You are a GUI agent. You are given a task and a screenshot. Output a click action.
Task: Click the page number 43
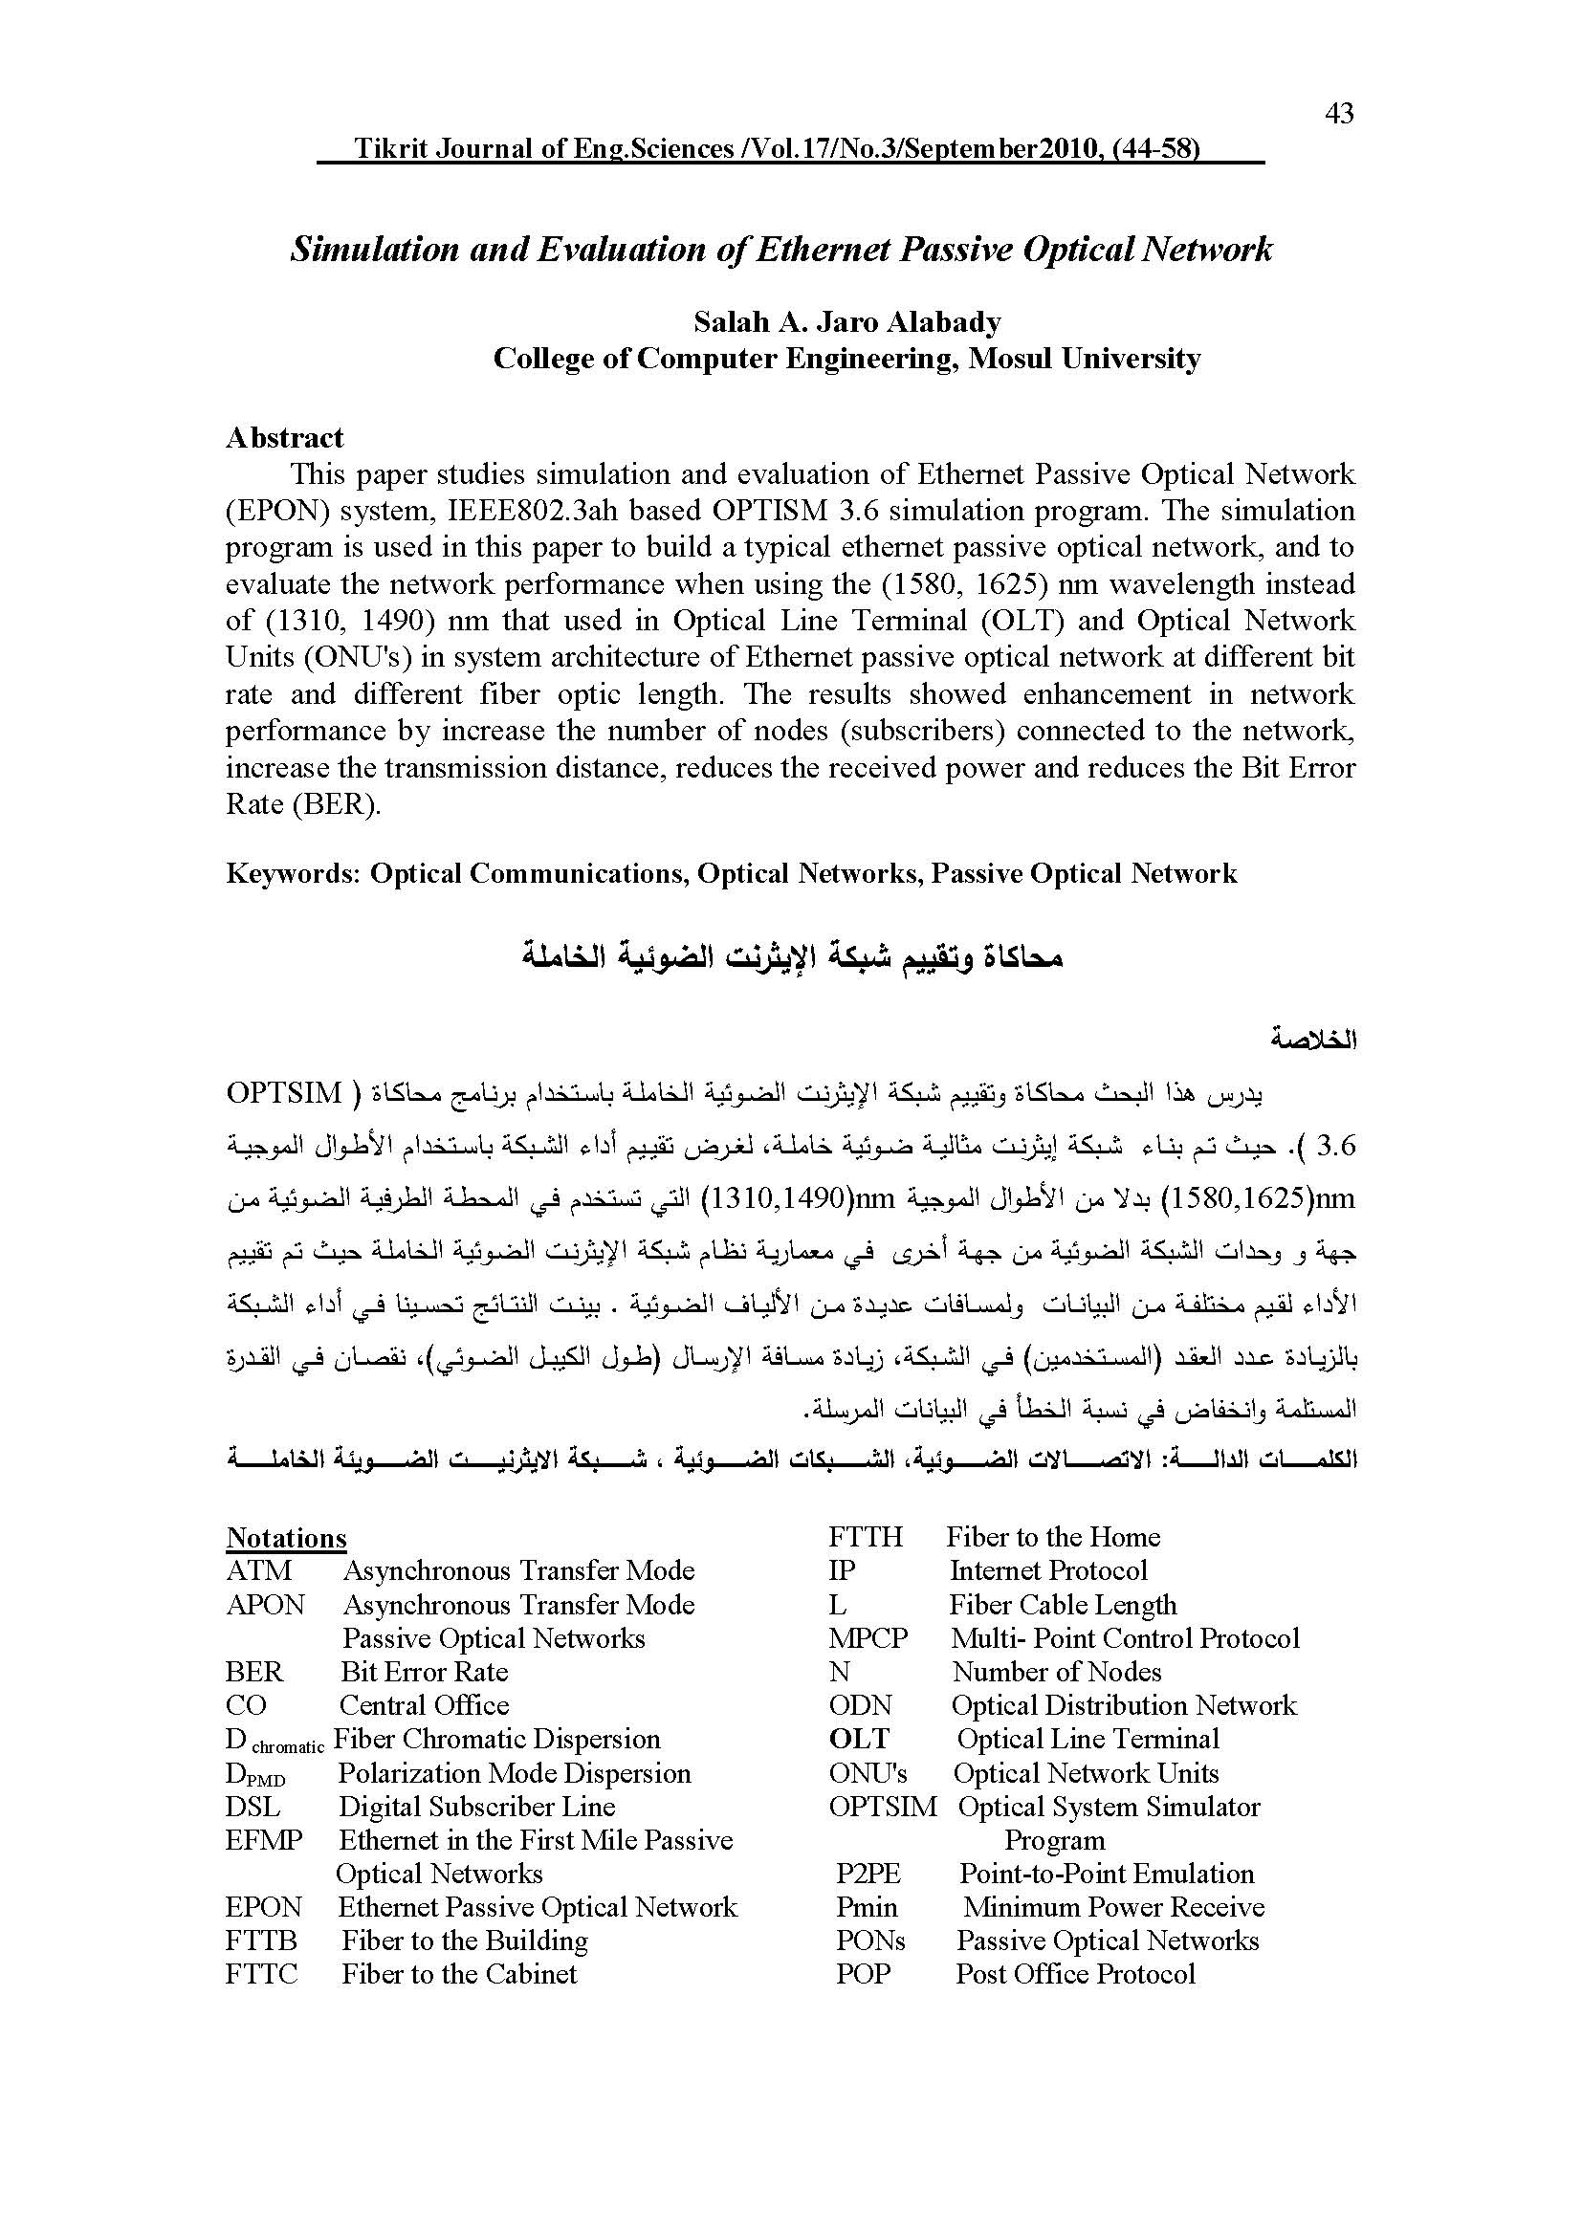pyautogui.click(x=1339, y=115)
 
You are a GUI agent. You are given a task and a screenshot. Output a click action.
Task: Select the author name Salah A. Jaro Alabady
pyautogui.click(x=846, y=321)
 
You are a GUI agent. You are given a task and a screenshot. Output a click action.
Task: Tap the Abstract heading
pyautogui.click(x=284, y=437)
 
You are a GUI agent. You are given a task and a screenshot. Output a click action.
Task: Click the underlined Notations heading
pyautogui.click(x=285, y=1538)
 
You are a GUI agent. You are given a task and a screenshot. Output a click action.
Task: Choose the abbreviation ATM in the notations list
pyautogui.click(x=258, y=1570)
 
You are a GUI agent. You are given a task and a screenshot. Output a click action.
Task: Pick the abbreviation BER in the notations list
pyautogui.click(x=254, y=1672)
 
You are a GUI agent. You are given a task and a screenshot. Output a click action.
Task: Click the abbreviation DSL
pyautogui.click(x=253, y=1807)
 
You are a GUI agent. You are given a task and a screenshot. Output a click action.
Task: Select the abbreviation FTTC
pyautogui.click(x=261, y=1974)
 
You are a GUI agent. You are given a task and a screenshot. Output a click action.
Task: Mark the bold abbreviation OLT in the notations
pyautogui.click(x=859, y=1739)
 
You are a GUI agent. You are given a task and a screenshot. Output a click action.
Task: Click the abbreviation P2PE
pyautogui.click(x=868, y=1874)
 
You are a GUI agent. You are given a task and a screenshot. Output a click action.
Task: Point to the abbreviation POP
pyautogui.click(x=863, y=1974)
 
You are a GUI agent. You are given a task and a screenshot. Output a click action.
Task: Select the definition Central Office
pyautogui.click(x=424, y=1705)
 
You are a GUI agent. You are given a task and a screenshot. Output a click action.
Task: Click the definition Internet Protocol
pyautogui.click(x=1048, y=1570)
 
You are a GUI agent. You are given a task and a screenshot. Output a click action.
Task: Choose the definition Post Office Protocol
pyautogui.click(x=1074, y=1974)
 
